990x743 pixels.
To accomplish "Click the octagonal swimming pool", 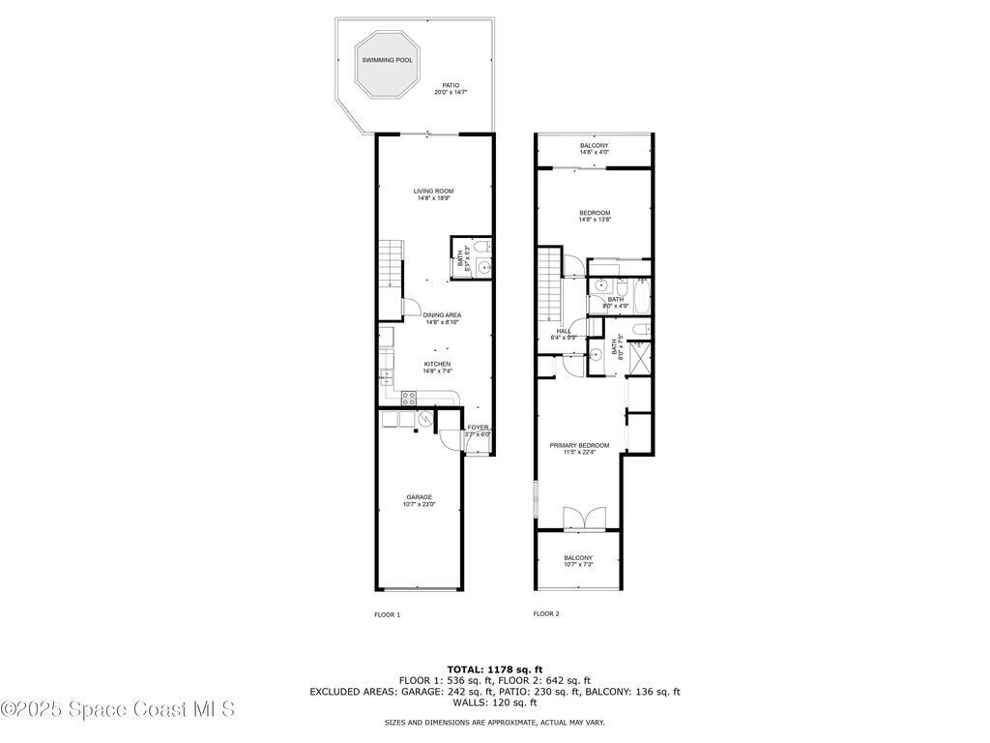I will pyautogui.click(x=387, y=65).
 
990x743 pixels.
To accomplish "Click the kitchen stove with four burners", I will pyautogui.click(x=409, y=396).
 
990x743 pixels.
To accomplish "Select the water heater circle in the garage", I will pyautogui.click(x=424, y=418).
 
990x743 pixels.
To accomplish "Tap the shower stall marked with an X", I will pyautogui.click(x=639, y=360).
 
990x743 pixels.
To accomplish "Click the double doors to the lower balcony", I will pyautogui.click(x=584, y=518).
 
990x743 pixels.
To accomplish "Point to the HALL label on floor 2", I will pyautogui.click(x=564, y=334).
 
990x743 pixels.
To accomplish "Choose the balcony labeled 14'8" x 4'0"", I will pyautogui.click(x=595, y=149).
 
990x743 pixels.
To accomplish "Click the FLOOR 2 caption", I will pyautogui.click(x=546, y=613).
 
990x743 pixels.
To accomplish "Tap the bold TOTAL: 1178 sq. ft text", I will pyautogui.click(x=495, y=669).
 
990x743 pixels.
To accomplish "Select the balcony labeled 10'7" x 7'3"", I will pyautogui.click(x=578, y=561).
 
